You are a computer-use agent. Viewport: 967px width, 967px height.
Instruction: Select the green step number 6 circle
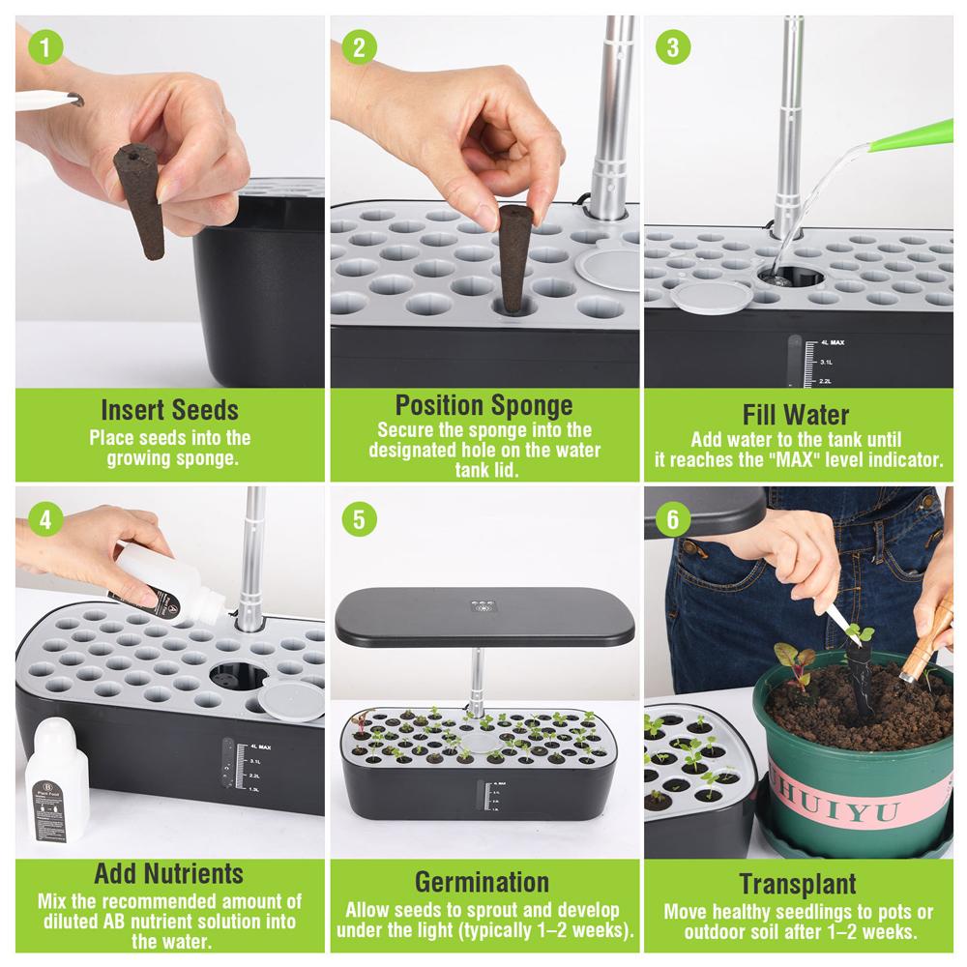(x=673, y=519)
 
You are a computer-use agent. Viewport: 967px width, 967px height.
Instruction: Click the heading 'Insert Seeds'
(x=169, y=410)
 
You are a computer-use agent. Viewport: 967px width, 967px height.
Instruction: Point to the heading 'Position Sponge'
(x=483, y=404)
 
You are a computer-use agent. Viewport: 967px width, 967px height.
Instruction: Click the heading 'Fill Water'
(x=796, y=415)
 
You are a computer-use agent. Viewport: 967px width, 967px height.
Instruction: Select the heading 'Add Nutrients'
(x=169, y=874)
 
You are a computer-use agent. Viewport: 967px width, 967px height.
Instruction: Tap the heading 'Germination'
(x=483, y=882)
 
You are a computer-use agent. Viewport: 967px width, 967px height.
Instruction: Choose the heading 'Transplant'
(x=797, y=884)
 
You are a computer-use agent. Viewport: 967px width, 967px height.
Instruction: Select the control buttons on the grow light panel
(x=483, y=606)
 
